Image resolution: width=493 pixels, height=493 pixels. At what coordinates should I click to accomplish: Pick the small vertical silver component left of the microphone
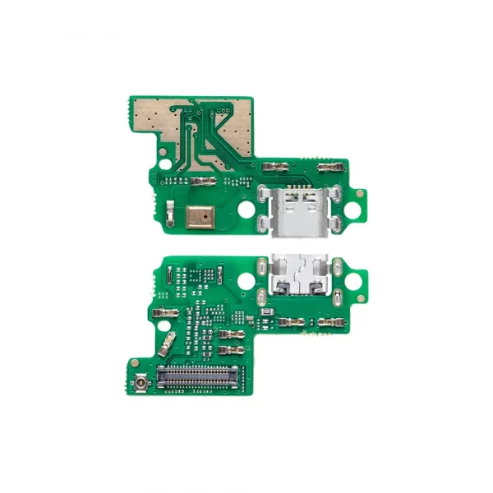pos(168,213)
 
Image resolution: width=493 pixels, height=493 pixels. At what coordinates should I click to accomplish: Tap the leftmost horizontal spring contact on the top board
pos(202,180)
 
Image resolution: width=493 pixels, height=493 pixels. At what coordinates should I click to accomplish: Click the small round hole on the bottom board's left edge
pos(150,295)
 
